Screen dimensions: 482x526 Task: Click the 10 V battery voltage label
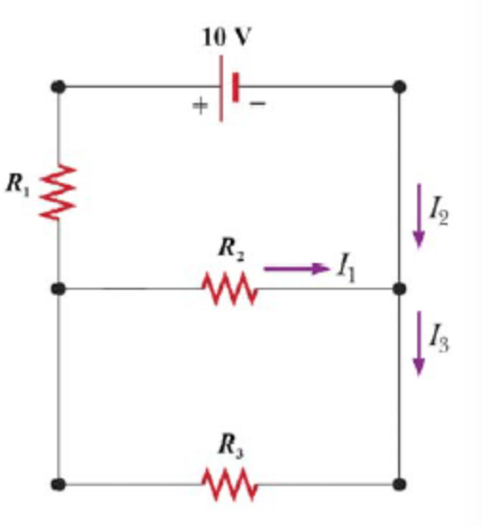pyautogui.click(x=227, y=36)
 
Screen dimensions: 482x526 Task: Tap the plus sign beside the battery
pyautogui.click(x=200, y=106)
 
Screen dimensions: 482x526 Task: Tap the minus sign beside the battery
pyautogui.click(x=257, y=103)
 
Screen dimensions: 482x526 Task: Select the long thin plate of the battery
pyautogui.click(x=221, y=89)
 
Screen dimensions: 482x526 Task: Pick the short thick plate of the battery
pyautogui.click(x=235, y=87)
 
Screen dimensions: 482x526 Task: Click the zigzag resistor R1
pyautogui.click(x=58, y=192)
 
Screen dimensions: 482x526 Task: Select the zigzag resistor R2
pyautogui.click(x=231, y=288)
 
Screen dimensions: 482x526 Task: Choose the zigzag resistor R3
pyautogui.click(x=231, y=484)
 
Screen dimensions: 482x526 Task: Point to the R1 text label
pyautogui.click(x=18, y=184)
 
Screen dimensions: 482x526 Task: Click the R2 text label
pyautogui.click(x=231, y=250)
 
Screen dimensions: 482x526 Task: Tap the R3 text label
pyautogui.click(x=231, y=446)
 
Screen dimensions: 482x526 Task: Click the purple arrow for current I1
pyautogui.click(x=296, y=269)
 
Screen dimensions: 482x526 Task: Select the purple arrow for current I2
pyautogui.click(x=418, y=216)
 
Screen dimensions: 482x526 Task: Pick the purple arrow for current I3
pyautogui.click(x=418, y=343)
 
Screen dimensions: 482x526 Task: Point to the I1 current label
pyautogui.click(x=347, y=269)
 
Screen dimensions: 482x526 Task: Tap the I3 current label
pyautogui.click(x=439, y=338)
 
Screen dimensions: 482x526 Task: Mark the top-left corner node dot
pyautogui.click(x=59, y=87)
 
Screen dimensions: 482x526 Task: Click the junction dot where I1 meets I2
pyautogui.click(x=399, y=289)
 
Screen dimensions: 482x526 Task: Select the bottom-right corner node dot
pyautogui.click(x=399, y=484)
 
